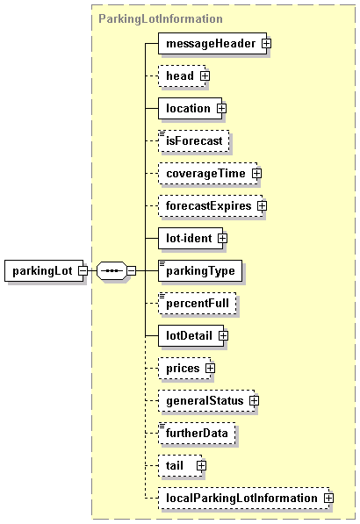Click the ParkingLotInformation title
pyautogui.click(x=161, y=18)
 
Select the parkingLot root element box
pyautogui.click(x=44, y=270)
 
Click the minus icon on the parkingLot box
pyautogui.click(x=83, y=270)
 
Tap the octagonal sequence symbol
pyautogui.click(x=112, y=270)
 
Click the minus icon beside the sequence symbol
pyautogui.click(x=132, y=270)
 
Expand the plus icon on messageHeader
pyautogui.click(x=266, y=43)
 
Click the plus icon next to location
pyautogui.click(x=221, y=109)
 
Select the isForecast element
pyautogui.click(x=194, y=141)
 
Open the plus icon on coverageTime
pyautogui.click(x=256, y=174)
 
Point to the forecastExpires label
pyautogui.click(x=209, y=206)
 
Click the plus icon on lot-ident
pyautogui.click(x=222, y=238)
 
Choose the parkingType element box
pyautogui.click(x=200, y=270)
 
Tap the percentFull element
pyautogui.click(x=198, y=303)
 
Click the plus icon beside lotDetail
pyautogui.click(x=223, y=335)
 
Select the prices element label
pyautogui.click(x=183, y=369)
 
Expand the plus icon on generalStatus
pyautogui.click(x=254, y=400)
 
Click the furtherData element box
pyautogui.click(x=197, y=433)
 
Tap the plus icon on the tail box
pyautogui.click(x=201, y=465)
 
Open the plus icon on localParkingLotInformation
pyautogui.click(x=329, y=498)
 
